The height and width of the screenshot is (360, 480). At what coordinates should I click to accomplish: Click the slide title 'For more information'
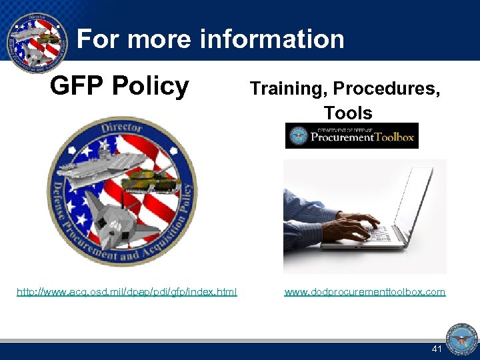pyautogui.click(x=211, y=40)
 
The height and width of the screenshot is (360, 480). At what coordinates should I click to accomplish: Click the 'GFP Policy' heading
pyautogui.click(x=120, y=86)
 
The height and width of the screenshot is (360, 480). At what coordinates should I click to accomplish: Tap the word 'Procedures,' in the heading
pyautogui.click(x=387, y=89)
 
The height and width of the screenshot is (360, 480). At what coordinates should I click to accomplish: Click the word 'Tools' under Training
pyautogui.click(x=347, y=113)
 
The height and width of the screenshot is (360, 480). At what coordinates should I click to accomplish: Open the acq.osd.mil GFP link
pyautogui.click(x=127, y=291)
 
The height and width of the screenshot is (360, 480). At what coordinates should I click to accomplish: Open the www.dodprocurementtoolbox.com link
pyautogui.click(x=365, y=291)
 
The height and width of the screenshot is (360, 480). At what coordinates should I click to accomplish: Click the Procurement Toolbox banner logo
pyautogui.click(x=351, y=135)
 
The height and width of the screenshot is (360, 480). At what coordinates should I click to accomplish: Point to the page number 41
pyautogui.click(x=437, y=349)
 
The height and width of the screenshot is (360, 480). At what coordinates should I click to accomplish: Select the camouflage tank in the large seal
pyautogui.click(x=150, y=179)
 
